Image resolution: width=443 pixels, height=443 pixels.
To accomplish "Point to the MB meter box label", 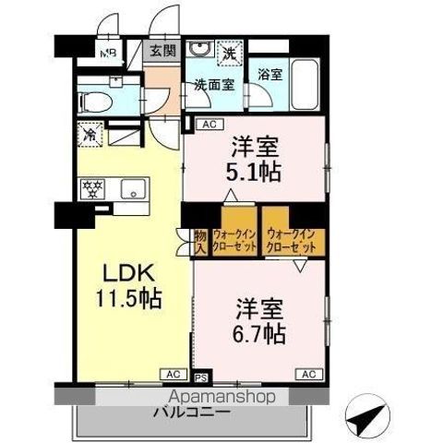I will pyautogui.click(x=109, y=53).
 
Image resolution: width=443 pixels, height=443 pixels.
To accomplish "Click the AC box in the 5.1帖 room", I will pyautogui.click(x=208, y=124).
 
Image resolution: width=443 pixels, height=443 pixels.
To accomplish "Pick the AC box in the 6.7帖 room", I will pyautogui.click(x=308, y=373).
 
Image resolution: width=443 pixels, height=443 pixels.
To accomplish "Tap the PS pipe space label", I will pyautogui.click(x=202, y=377).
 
